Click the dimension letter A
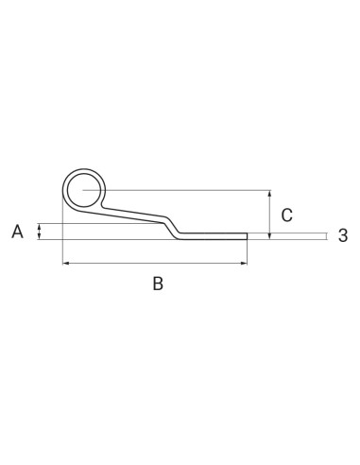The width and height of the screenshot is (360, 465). [x=17, y=231]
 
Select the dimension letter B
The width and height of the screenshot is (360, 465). [x=159, y=283]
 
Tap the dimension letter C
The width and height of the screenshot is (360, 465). [x=287, y=212]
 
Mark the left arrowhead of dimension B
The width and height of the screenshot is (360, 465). [x=64, y=264]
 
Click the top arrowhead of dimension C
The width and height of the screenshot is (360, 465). [x=270, y=194]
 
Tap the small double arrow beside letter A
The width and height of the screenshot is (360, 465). [x=39, y=232]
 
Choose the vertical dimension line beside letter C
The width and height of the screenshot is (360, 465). [x=270, y=213]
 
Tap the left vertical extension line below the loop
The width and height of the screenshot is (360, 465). [x=61, y=241]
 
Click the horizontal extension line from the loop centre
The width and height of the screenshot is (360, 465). [x=189, y=190]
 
